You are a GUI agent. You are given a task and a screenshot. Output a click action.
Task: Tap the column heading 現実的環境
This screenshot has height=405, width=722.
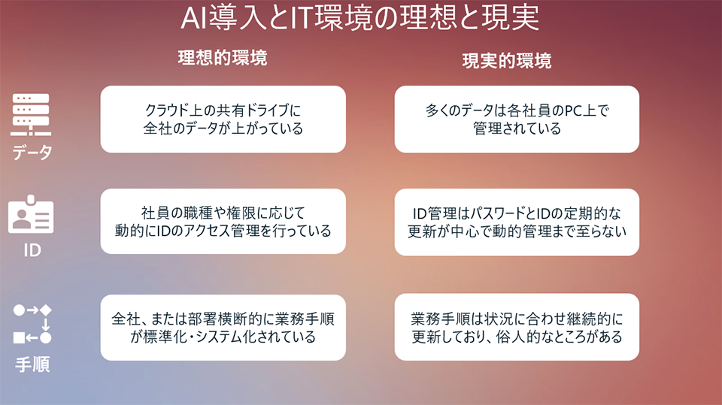tap(506, 61)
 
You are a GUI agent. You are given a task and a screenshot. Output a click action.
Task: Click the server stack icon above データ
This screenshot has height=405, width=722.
tap(31, 113)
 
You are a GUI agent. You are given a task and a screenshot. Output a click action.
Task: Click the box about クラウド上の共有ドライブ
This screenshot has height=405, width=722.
tap(223, 119)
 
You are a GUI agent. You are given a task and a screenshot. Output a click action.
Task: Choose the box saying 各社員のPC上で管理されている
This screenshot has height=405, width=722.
tap(517, 119)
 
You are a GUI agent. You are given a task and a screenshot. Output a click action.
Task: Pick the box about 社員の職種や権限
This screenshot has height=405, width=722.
tap(223, 221)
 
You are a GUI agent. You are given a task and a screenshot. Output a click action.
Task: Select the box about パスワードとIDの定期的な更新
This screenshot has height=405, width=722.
tap(517, 221)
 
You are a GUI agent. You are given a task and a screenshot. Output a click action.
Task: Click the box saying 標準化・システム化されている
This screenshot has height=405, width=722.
tap(223, 327)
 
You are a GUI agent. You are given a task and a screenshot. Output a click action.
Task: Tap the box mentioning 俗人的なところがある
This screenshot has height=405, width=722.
tap(517, 327)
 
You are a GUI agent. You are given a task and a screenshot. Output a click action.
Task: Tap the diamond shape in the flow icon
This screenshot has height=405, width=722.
tap(46, 310)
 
